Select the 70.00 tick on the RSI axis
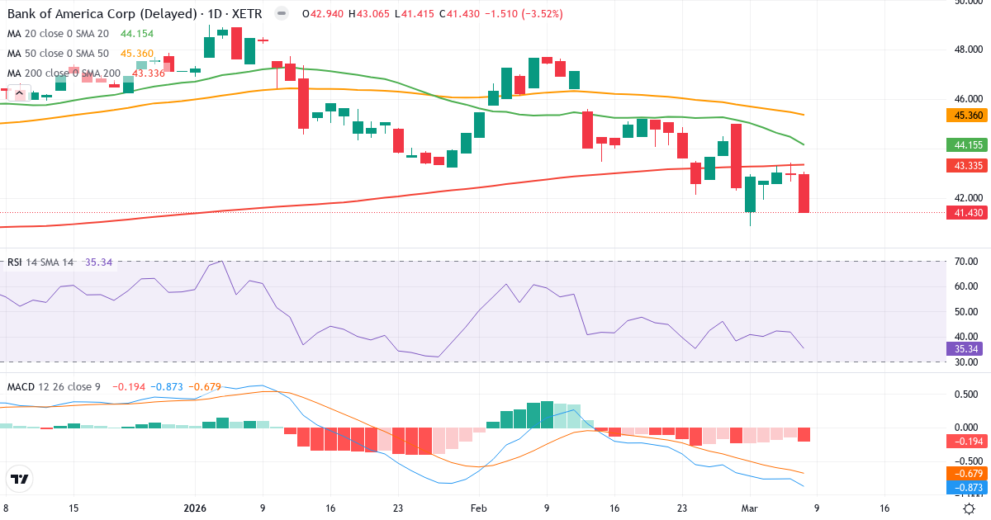[x=965, y=262]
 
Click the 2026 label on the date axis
[x=196, y=508]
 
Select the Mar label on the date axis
[x=748, y=508]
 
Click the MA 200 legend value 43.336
[x=149, y=73]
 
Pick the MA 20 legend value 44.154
[x=137, y=34]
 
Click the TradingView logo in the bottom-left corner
[x=20, y=479]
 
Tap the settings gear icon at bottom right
[x=970, y=508]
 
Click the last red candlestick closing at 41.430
[x=804, y=194]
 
